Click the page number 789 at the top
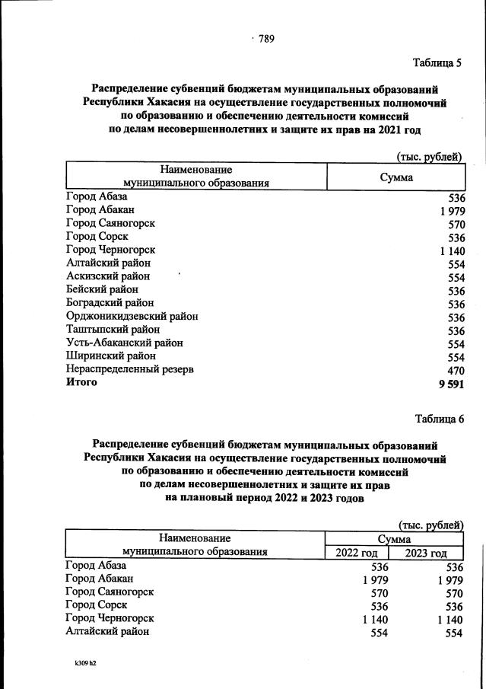(265, 40)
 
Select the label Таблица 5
(437, 62)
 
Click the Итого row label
(81, 383)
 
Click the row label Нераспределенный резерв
(129, 369)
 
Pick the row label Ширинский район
(110, 356)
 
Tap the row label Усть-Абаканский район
(124, 343)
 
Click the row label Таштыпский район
(113, 330)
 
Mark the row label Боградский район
(110, 303)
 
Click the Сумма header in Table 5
(396, 177)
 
